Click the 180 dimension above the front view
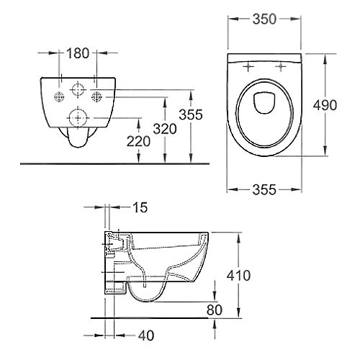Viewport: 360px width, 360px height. pyautogui.click(x=77, y=53)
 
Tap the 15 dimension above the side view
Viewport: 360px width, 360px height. pyautogui.click(x=141, y=207)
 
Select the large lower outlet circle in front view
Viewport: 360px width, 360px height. pyautogui.click(x=76, y=115)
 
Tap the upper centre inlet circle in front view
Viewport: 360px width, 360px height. pyautogui.click(x=76, y=89)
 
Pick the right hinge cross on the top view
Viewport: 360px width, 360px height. pyautogui.click(x=281, y=68)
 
